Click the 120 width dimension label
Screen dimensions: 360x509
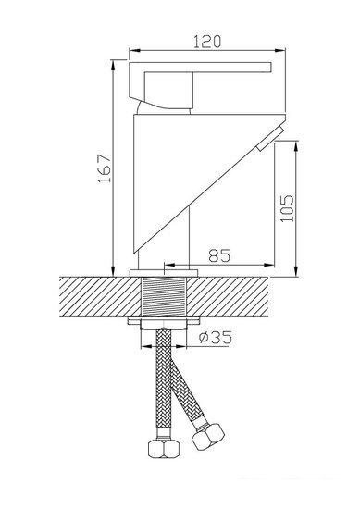pyautogui.click(x=207, y=42)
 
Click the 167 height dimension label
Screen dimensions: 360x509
pyautogui.click(x=105, y=168)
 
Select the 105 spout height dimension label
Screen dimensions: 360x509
pyautogui.click(x=287, y=208)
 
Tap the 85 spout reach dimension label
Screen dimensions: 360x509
pyautogui.click(x=219, y=255)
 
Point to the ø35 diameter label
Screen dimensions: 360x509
pyautogui.click(x=216, y=338)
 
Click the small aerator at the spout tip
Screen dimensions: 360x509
pyautogui.click(x=270, y=139)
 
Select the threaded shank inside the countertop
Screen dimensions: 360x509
pyautogui.click(x=165, y=296)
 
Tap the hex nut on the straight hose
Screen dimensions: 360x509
pyautogui.click(x=164, y=449)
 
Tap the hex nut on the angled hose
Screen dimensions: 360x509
pyautogui.click(x=208, y=437)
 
